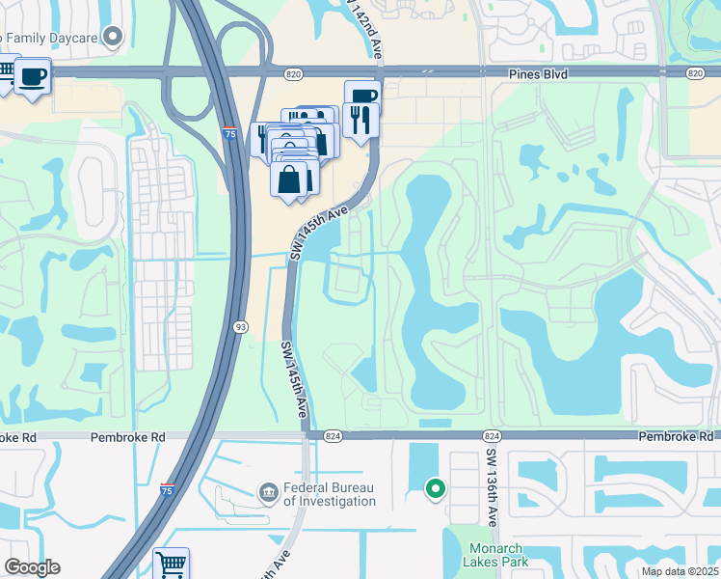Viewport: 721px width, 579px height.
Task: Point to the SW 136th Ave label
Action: pos(492,488)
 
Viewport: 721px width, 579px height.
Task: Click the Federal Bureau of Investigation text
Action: pos(329,494)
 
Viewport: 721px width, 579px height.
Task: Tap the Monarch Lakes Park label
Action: pos(493,555)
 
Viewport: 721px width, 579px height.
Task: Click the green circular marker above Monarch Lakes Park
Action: pos(435,489)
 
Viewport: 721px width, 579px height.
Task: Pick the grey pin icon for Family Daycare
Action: pos(114,38)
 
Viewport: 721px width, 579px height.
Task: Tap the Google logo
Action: pos(32,567)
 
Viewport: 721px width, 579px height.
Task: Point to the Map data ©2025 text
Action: pos(680,571)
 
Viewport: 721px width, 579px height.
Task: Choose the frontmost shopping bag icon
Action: pos(289,179)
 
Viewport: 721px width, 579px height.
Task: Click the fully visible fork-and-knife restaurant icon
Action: pos(360,120)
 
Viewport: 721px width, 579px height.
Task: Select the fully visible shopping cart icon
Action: pos(171,564)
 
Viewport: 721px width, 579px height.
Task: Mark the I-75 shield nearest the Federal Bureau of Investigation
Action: pos(168,491)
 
